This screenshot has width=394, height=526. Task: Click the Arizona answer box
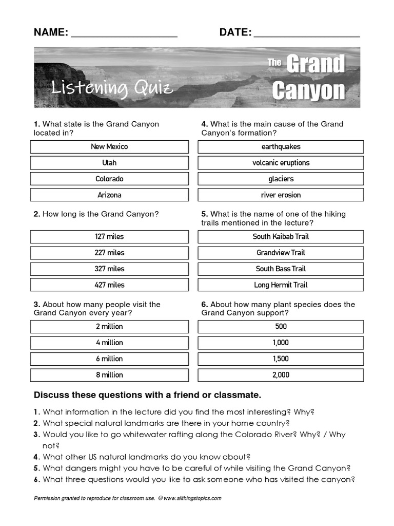(109, 195)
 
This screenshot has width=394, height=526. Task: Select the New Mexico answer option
(109, 147)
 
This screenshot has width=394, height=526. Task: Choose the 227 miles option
(109, 253)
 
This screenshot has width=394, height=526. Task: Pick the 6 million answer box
(109, 359)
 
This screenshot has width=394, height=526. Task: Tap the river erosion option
(281, 195)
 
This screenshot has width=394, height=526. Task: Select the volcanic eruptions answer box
(281, 163)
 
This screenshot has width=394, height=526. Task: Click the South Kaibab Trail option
(281, 237)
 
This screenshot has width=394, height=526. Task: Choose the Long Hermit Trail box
(281, 285)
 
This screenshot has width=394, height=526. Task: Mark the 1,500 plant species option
(281, 359)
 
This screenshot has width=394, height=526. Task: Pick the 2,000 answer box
(281, 375)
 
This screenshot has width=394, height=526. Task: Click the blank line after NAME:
(124, 34)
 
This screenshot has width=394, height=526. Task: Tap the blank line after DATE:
(307, 34)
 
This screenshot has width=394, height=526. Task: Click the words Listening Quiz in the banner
(112, 88)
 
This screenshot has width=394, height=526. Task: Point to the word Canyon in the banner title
(308, 91)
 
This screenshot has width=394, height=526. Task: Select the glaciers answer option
(281, 179)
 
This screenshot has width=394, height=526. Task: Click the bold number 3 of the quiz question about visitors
(36, 305)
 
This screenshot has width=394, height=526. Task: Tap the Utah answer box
(109, 163)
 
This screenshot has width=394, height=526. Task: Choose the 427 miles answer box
(109, 285)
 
